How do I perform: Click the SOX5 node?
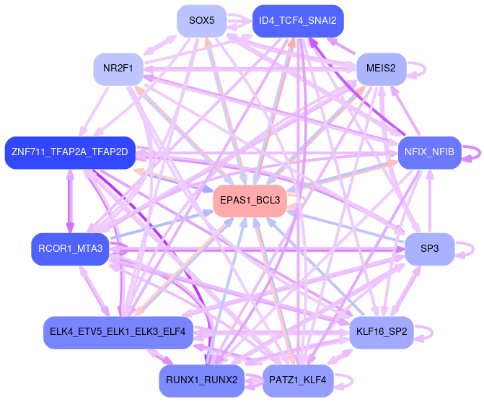(x=202, y=21)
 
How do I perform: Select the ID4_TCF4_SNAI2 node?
(x=297, y=21)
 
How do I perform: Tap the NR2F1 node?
(x=118, y=69)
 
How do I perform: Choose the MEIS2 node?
(x=382, y=69)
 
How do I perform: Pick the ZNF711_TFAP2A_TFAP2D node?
(x=69, y=152)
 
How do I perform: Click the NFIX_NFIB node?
(x=429, y=152)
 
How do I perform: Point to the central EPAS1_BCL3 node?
(x=250, y=200)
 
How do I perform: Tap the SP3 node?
(x=429, y=249)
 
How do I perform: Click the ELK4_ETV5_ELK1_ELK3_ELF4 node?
(x=118, y=332)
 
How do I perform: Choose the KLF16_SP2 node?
(x=382, y=332)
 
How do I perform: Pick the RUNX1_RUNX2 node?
(x=201, y=380)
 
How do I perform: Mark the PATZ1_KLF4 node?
(x=297, y=380)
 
